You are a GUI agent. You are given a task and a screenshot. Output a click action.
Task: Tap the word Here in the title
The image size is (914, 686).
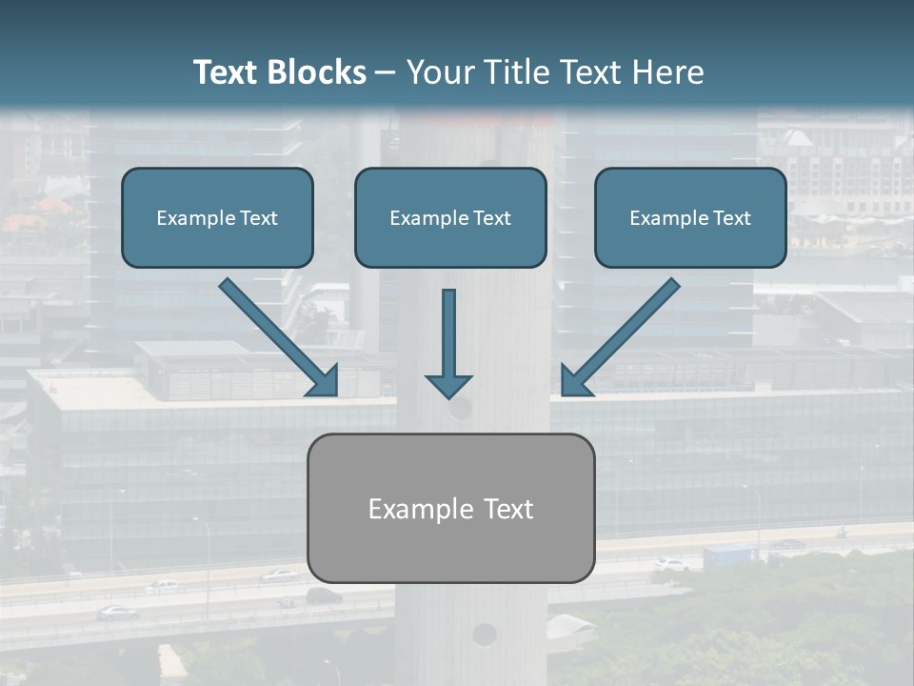coord(668,72)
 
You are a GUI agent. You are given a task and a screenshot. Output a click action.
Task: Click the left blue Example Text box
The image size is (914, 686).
coord(217,218)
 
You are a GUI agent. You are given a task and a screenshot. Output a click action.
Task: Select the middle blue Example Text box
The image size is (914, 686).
coord(450,218)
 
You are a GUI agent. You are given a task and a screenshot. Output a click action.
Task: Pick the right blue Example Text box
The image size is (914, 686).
coord(690,218)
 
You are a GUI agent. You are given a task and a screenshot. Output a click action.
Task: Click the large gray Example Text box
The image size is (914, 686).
coord(450,508)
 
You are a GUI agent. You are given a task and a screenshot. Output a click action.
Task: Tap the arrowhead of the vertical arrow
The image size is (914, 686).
coord(448,386)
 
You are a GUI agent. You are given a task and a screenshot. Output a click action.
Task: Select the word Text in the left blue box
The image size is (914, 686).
coord(258,218)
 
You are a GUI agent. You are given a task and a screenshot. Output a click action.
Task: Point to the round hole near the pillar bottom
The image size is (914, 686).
coord(484,634)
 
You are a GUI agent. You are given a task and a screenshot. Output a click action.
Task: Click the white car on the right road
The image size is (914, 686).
coord(670,565)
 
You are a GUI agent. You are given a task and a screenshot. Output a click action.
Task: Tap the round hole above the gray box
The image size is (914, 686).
coord(460,410)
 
